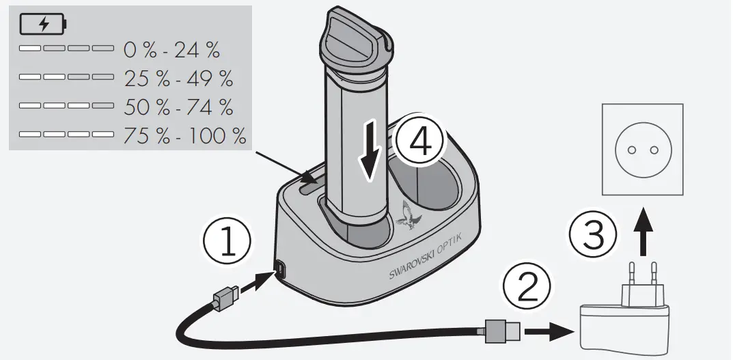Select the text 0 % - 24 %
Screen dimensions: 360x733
(x=171, y=50)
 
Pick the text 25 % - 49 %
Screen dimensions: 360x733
(x=178, y=79)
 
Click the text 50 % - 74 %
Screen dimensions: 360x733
(x=178, y=107)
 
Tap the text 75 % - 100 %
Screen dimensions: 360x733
(x=184, y=135)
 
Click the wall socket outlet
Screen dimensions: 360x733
(x=641, y=149)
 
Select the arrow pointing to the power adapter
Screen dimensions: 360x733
(x=551, y=333)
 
